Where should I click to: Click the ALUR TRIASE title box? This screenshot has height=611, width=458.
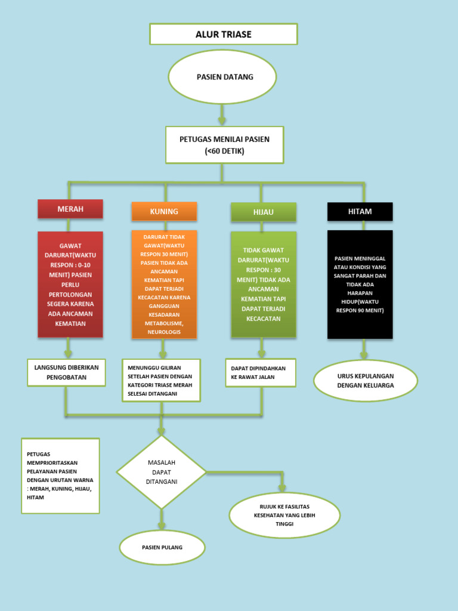(223, 35)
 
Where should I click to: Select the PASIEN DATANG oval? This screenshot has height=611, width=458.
(222, 77)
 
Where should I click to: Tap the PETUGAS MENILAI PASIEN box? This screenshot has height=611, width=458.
(224, 145)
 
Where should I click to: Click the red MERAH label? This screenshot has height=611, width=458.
(70, 209)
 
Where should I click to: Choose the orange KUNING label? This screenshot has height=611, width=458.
(164, 211)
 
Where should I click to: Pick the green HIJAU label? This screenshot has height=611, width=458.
(263, 212)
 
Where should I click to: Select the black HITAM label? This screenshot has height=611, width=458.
(360, 212)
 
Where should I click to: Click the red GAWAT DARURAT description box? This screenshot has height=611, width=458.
(70, 284)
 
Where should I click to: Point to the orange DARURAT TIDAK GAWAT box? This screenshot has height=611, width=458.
(164, 284)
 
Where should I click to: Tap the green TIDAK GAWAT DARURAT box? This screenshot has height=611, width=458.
(263, 284)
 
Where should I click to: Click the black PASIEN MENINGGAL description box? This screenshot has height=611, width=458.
(360, 284)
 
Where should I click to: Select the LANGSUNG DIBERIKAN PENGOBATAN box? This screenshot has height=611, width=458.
(66, 372)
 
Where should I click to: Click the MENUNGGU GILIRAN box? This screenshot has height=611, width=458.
(161, 380)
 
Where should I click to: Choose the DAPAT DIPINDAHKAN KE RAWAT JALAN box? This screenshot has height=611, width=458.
(260, 372)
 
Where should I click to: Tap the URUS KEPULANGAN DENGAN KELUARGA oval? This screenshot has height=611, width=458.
(366, 381)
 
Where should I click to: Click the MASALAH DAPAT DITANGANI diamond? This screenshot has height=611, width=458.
(161, 472)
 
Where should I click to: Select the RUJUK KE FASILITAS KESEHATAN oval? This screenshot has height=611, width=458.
(284, 515)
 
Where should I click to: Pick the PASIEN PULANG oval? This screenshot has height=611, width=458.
(162, 547)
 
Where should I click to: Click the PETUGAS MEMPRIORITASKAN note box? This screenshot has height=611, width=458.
(60, 476)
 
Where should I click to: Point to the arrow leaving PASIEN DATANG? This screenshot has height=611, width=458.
(222, 114)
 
